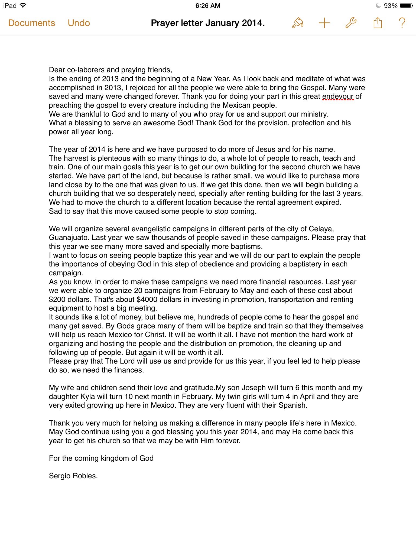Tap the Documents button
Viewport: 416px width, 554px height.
32,23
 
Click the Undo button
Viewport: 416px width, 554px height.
79,23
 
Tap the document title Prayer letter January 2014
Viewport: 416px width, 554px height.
208,23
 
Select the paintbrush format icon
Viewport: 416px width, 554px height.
298,23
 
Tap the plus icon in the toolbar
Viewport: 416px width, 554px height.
324,23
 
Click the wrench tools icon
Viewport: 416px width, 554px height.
351,23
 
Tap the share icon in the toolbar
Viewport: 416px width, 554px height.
378,23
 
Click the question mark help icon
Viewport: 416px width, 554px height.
402,23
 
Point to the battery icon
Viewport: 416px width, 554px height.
406,6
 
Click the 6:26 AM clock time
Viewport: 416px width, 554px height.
208,6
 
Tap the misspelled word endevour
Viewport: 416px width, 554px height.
338,96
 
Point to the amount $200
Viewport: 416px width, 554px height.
57,299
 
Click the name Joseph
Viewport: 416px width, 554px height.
253,388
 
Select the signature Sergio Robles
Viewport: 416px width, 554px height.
73,476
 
